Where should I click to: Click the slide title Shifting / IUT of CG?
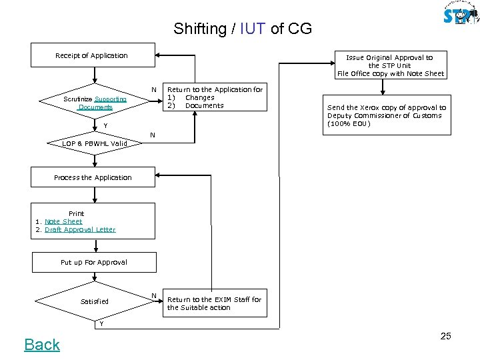point(242,29)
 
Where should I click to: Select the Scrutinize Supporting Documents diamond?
point(95,103)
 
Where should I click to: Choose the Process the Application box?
point(93,178)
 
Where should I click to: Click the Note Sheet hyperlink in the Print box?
point(63,221)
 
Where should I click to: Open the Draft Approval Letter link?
point(80,229)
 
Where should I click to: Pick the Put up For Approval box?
point(93,262)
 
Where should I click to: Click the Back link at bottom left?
point(42,344)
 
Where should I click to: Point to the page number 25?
point(445,336)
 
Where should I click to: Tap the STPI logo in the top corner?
point(459,15)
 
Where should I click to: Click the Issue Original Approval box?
point(390,65)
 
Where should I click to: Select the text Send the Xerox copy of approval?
point(387,115)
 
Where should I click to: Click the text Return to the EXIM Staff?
point(214,303)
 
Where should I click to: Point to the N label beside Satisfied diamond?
point(153,295)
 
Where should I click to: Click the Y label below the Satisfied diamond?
point(101,324)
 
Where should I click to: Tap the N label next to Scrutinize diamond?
point(153,89)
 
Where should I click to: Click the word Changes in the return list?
point(199,97)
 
